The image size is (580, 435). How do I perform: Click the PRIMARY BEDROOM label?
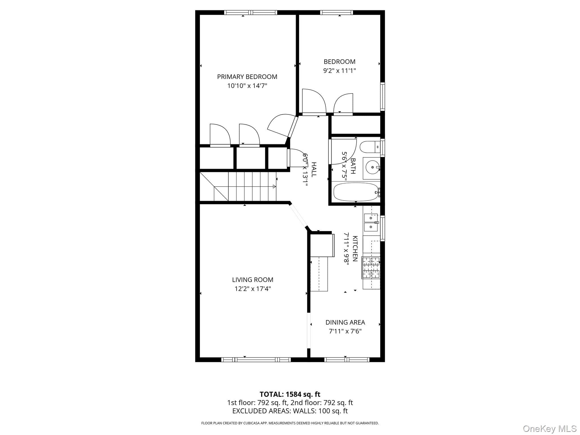pos(247,77)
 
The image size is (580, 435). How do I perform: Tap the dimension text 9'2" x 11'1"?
pos(339,71)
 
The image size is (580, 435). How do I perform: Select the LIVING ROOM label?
pos(253,280)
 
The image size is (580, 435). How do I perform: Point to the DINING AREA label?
pos(345,322)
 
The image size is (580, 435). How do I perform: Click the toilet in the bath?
pos(370,147)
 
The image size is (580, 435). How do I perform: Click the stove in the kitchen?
pos(371,268)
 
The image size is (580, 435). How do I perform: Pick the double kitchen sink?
pos(371,223)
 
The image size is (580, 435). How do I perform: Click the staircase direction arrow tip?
pos(276,186)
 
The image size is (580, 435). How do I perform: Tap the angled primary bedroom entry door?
pos(283,126)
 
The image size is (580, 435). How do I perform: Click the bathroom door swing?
pos(342,151)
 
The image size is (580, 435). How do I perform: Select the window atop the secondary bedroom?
pos(336,12)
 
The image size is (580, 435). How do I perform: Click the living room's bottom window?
pos(256,360)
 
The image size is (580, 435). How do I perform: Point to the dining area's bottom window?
pos(347,360)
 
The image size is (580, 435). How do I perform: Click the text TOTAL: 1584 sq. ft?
pos(290,394)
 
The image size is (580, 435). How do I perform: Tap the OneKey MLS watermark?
pos(550,428)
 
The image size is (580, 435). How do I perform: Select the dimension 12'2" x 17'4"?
pos(253,289)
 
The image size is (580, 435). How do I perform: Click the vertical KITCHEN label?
pos(355,249)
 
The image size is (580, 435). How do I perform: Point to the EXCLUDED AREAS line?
pos(290,411)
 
